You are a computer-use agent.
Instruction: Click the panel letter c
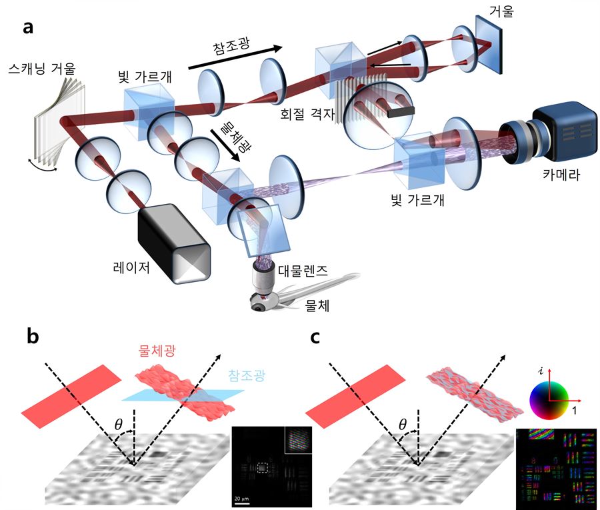pyautogui.click(x=319, y=337)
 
